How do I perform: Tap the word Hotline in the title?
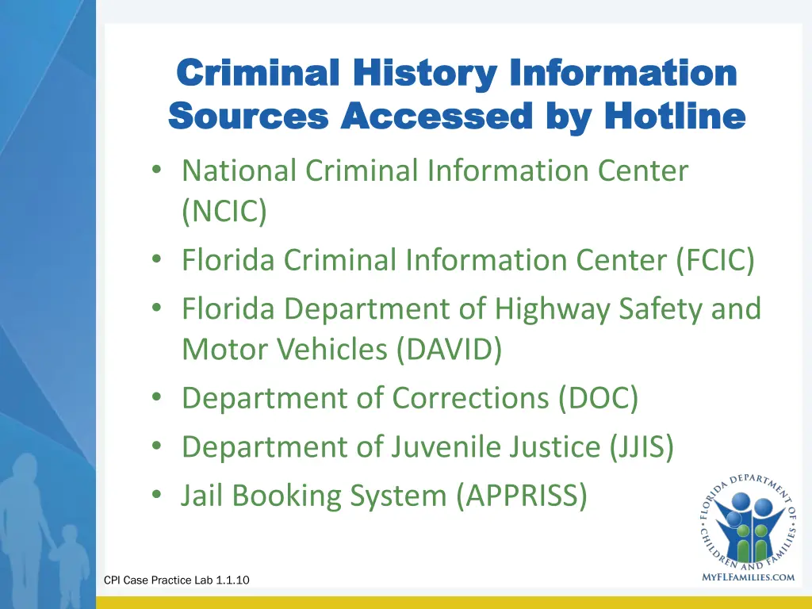[x=675, y=117]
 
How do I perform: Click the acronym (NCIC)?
[x=224, y=212]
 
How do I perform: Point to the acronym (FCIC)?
[x=715, y=259]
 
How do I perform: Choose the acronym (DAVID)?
[x=448, y=349]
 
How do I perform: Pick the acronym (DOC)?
[x=598, y=398]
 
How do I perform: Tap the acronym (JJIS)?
[x=642, y=447]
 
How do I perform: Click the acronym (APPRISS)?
[x=522, y=496]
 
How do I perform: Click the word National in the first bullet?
[x=239, y=170]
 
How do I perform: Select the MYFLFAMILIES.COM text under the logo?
[x=749, y=577]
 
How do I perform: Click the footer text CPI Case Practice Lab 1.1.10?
[x=177, y=580]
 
